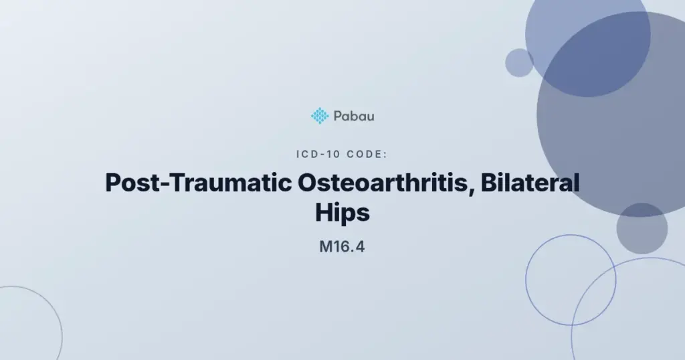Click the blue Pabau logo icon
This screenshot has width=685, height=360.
point(320,116)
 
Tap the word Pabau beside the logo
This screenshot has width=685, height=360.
point(354,116)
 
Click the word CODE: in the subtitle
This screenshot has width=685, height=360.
point(367,154)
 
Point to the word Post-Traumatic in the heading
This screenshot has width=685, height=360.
point(198,183)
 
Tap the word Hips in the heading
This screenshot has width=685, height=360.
point(342,213)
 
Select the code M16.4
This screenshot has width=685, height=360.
point(342,247)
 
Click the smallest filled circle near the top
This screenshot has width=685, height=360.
point(519,63)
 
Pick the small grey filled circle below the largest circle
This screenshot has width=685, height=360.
point(642,228)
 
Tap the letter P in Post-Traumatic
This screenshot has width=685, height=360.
point(113,183)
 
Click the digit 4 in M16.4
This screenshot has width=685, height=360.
point(359,247)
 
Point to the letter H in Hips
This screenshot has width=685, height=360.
point(324,213)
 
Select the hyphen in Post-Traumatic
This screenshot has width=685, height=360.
point(165,185)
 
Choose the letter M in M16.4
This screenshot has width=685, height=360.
point(326,247)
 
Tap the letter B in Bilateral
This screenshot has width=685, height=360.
point(489,183)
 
